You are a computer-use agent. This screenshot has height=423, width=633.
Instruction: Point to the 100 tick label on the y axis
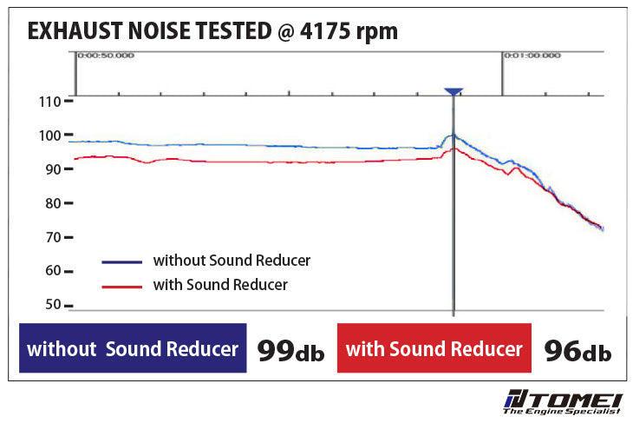pyautogui.click(x=50, y=135)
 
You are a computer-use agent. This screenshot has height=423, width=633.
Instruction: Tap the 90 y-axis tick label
pyautogui.click(x=53, y=169)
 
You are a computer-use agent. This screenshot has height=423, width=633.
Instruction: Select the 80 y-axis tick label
pyautogui.click(x=53, y=203)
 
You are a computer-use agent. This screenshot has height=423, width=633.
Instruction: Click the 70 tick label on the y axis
pyautogui.click(x=53, y=237)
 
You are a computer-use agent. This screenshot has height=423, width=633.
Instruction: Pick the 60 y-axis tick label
pyautogui.click(x=53, y=271)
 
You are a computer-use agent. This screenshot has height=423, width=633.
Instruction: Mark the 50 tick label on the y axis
pyautogui.click(x=53, y=305)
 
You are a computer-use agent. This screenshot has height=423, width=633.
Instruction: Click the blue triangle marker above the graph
pyautogui.click(x=454, y=91)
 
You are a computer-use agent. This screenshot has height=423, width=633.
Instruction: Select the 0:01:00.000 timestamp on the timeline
pyautogui.click(x=532, y=56)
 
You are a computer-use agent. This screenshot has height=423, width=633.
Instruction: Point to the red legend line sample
pyautogui.click(x=121, y=286)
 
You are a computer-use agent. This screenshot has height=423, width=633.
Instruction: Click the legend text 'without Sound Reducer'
pyautogui.click(x=232, y=260)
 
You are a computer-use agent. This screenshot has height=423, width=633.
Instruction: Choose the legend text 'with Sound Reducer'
pyautogui.click(x=220, y=284)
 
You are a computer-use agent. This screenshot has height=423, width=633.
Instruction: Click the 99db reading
pyautogui.click(x=290, y=350)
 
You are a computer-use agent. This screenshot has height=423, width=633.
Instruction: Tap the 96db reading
pyautogui.click(x=578, y=350)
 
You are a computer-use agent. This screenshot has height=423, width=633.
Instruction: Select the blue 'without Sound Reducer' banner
pyautogui.click(x=133, y=349)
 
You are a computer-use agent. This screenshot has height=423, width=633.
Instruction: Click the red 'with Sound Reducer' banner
pyautogui.click(x=434, y=349)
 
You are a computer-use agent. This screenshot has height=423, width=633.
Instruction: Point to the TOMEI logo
pyautogui.click(x=563, y=403)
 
